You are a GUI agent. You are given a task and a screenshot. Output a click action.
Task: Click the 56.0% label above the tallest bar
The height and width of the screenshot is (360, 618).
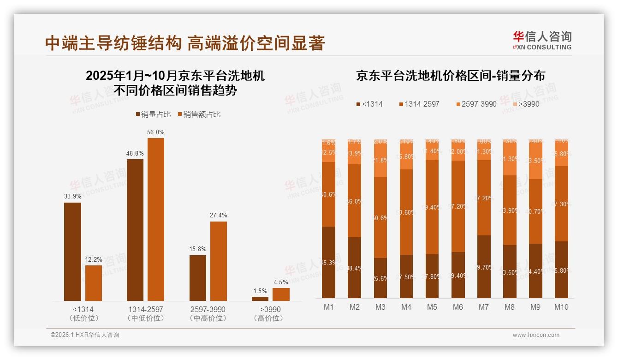point(155,132)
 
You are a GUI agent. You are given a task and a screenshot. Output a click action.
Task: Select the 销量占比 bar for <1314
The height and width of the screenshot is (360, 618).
point(72,252)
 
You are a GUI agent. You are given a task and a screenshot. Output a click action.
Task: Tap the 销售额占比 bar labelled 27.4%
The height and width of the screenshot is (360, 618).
point(218,261)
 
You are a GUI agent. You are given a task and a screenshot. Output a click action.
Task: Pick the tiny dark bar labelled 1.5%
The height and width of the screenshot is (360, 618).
point(260,299)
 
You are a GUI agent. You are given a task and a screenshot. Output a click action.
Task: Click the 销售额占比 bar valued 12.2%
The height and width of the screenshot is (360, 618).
point(93,283)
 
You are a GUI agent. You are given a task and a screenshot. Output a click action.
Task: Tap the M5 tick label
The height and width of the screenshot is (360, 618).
point(432,307)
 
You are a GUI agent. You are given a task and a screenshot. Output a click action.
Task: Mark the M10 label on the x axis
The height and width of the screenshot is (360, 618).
point(561,307)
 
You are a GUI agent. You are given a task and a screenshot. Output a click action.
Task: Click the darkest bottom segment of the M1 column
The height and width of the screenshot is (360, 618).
point(328,262)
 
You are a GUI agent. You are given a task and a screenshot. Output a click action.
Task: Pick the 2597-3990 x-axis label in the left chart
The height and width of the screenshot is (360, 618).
point(208,309)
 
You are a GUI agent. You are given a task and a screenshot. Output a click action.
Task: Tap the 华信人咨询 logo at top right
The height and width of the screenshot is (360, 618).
point(542,40)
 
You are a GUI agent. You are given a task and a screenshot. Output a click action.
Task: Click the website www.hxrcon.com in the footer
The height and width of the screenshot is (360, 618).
point(535,335)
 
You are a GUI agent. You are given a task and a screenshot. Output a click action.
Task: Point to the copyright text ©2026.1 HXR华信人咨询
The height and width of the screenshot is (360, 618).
point(84,335)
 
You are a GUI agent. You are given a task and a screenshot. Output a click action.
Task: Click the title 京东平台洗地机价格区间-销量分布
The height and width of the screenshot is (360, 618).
point(450,76)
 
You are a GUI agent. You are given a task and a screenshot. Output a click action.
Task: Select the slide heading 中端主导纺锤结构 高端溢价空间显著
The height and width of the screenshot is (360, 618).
point(185,43)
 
